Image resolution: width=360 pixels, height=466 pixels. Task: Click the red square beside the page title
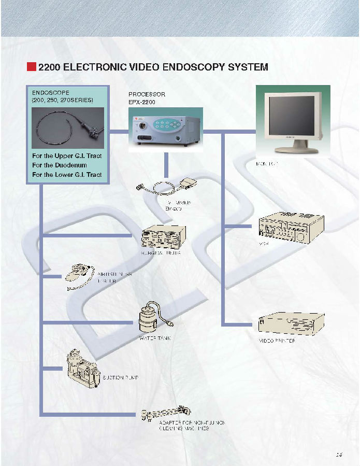[x=31, y=67]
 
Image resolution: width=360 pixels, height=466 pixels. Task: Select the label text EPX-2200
[x=142, y=102]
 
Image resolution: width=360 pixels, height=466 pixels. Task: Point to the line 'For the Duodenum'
[x=60, y=165]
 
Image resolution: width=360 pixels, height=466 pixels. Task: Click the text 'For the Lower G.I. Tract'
[x=67, y=175]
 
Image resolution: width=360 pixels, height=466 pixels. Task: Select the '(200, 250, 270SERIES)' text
[x=63, y=100]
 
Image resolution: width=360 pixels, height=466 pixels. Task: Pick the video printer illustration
[x=291, y=324]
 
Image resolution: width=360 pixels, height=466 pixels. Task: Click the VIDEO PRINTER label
[x=277, y=342]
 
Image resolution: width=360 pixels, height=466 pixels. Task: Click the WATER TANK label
[x=155, y=338]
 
